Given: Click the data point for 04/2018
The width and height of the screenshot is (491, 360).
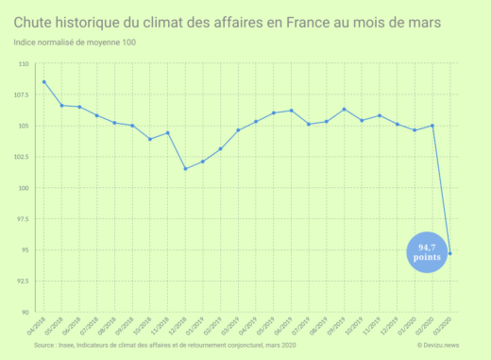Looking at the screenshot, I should (44, 82).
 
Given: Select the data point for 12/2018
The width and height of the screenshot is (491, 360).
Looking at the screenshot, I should (185, 169).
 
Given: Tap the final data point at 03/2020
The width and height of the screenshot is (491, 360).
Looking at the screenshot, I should (450, 253).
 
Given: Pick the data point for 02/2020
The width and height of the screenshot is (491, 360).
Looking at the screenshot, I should (432, 126).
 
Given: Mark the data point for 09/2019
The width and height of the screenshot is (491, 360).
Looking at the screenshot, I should (345, 109).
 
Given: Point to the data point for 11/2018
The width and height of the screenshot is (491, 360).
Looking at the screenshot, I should (168, 133).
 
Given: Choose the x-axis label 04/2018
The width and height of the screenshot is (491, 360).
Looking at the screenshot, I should (38, 327).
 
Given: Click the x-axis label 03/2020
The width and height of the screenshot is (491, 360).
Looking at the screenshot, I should (444, 327).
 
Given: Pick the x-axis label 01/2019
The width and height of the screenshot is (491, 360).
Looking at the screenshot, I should (196, 327).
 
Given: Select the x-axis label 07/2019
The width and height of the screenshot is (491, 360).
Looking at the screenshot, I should (303, 327).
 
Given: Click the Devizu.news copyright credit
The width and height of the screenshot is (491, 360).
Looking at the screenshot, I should (438, 346).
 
